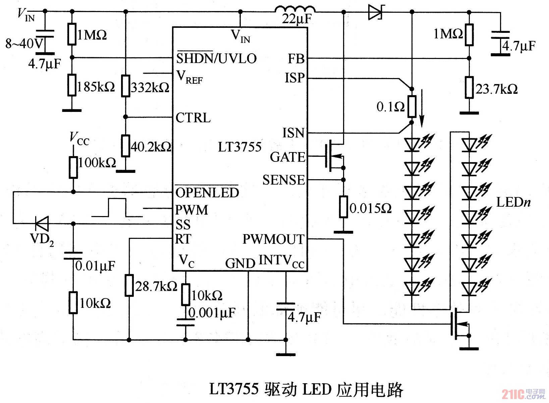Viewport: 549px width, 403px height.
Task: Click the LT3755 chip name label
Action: point(239,147)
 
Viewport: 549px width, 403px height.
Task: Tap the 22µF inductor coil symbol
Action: point(295,9)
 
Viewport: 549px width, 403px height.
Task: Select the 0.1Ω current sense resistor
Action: point(412,107)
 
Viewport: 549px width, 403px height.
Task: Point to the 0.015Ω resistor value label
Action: point(370,208)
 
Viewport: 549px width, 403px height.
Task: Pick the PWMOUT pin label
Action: point(273,239)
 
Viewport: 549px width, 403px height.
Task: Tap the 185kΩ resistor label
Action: point(96,87)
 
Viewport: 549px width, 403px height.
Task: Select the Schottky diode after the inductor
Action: point(376,12)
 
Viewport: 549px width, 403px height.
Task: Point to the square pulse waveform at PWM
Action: point(117,208)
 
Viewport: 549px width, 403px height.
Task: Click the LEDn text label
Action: point(513,202)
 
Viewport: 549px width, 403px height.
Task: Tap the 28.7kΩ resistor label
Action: point(156,286)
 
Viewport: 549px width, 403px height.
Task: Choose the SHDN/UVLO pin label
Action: point(216,59)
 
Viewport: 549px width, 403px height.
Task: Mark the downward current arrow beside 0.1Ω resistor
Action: point(422,107)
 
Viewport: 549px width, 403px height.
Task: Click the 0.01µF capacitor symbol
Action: point(73,256)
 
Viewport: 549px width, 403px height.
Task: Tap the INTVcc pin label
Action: point(281,261)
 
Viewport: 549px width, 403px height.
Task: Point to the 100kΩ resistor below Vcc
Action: point(73,167)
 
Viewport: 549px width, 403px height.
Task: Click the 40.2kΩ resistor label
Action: point(151,147)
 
